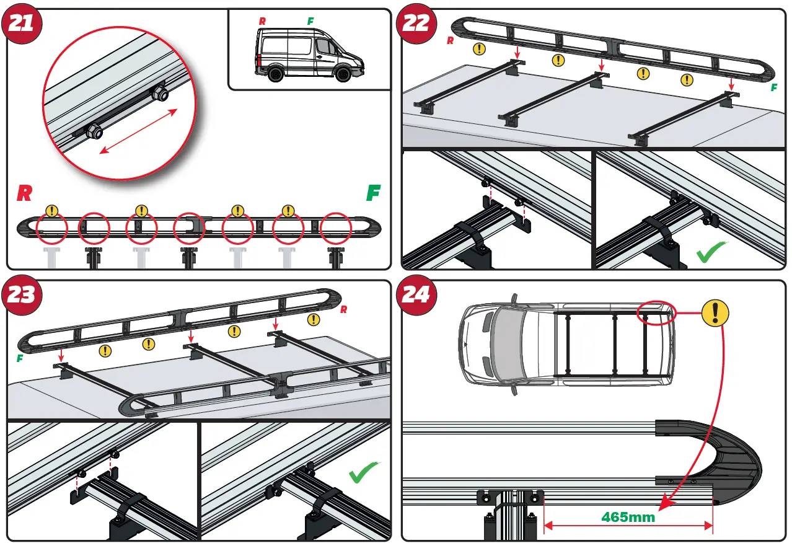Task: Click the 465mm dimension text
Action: [x=628, y=517]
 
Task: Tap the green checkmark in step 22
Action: [x=712, y=253]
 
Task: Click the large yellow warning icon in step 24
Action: [x=715, y=313]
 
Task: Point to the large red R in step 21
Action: [x=24, y=193]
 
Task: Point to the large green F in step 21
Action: [x=373, y=193]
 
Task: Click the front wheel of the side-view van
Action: [x=342, y=75]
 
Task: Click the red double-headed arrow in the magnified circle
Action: [x=138, y=131]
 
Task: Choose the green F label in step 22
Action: [x=773, y=89]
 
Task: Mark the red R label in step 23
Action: [x=343, y=309]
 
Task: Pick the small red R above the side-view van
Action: [x=262, y=21]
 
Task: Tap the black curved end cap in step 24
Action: [x=737, y=459]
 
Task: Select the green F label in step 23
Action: [x=19, y=358]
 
